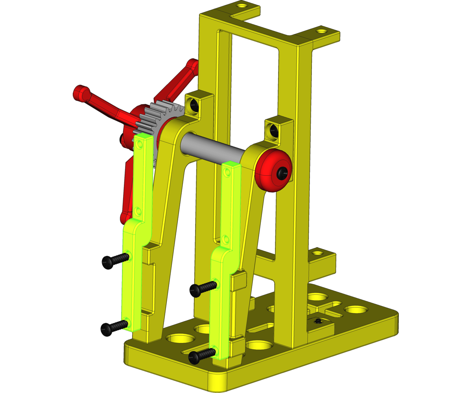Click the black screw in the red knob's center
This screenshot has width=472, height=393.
[x=282, y=172]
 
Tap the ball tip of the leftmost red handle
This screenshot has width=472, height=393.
[x=80, y=93]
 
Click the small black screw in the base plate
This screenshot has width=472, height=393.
[x=318, y=321]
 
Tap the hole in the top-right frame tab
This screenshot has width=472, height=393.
[x=322, y=30]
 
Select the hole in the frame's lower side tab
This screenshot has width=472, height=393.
[x=317, y=253]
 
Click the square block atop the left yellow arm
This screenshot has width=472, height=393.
[x=197, y=103]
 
